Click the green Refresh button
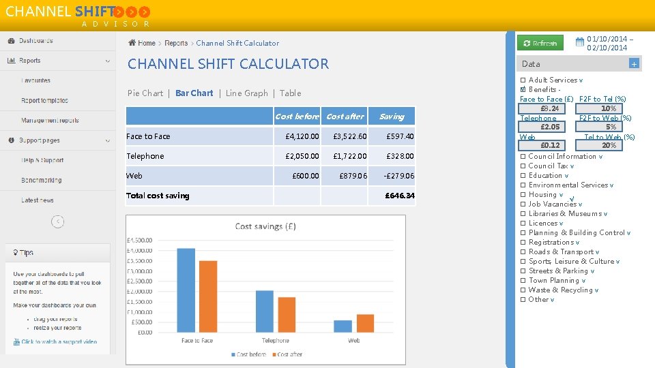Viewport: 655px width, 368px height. pos(540,43)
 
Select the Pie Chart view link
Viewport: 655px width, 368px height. pos(145,93)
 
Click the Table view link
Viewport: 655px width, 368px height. pos(290,93)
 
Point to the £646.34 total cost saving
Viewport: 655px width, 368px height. pos(399,196)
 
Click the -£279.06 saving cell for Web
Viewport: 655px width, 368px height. pos(398,176)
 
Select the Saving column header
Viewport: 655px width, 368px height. pos(392,117)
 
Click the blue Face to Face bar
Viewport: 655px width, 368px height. pos(186,290)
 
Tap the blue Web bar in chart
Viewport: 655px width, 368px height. pos(343,326)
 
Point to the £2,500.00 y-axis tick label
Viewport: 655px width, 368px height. pos(140,281)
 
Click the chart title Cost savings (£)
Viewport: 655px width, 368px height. pos(265,226)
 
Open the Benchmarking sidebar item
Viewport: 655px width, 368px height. pos(41,181)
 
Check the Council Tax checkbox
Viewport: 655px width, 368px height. pos(523,166)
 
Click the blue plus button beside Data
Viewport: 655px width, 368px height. pos(634,63)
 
